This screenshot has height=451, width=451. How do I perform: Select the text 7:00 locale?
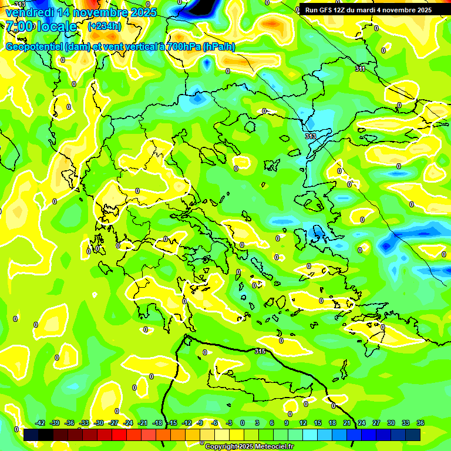coord(41,26)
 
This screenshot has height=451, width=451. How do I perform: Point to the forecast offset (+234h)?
coord(105,26)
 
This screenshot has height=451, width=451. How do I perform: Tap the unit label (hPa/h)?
coord(219,47)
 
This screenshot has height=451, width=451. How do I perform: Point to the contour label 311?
coord(360,69)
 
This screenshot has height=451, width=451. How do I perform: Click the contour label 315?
coord(260,351)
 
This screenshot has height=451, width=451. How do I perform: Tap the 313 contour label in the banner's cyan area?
coord(310,136)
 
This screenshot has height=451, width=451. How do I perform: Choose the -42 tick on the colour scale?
coord(41,423)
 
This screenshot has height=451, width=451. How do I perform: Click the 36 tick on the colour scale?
coord(420,423)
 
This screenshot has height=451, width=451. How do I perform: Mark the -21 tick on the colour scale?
coord(143,423)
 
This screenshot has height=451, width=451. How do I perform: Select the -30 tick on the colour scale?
coord(99,423)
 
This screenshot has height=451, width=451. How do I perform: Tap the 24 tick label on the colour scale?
coord(362,423)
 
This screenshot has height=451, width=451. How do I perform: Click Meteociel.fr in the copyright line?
coord(271,447)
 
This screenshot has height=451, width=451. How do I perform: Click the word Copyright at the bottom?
coord(222,447)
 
